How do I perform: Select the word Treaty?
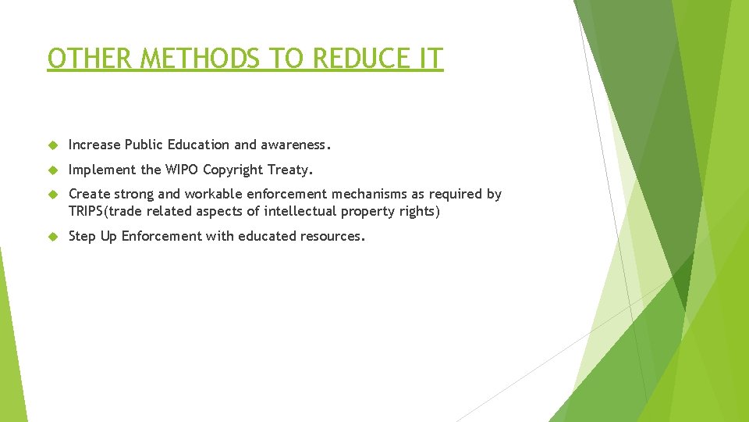(x=290, y=170)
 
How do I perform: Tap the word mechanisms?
(x=366, y=194)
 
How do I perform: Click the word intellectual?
(x=300, y=211)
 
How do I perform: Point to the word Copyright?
(x=233, y=170)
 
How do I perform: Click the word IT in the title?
(x=430, y=59)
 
